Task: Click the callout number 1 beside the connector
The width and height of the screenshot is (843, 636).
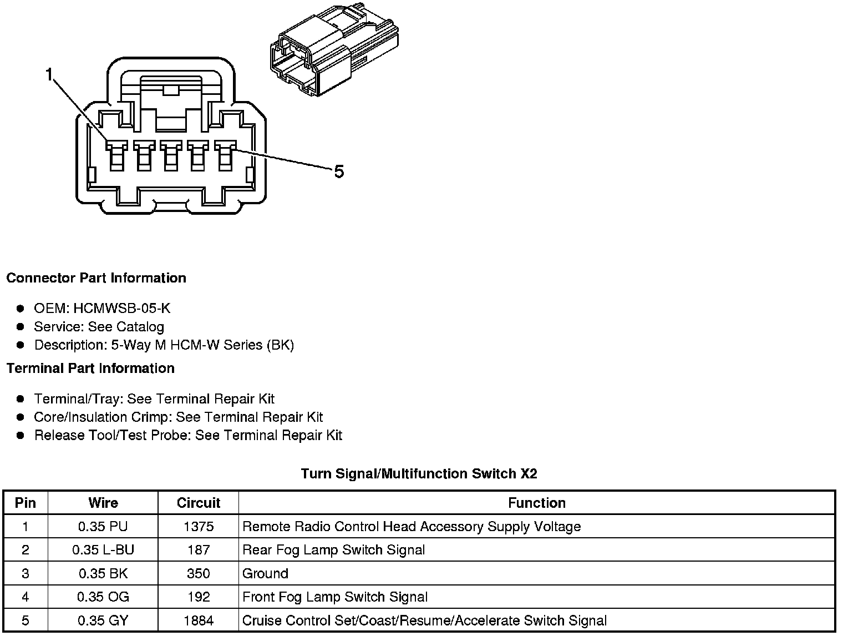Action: coord(49,74)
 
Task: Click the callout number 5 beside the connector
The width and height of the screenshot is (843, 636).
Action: coord(339,172)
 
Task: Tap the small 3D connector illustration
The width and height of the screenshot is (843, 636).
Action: coord(334,51)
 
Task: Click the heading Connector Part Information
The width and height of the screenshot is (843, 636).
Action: coord(96,278)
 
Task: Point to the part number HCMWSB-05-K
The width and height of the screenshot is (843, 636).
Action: coord(121,309)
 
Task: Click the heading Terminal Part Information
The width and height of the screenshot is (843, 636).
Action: coord(90,369)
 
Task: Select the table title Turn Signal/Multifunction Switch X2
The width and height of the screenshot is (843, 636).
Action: coord(419,473)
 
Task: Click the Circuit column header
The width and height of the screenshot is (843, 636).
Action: coord(198,503)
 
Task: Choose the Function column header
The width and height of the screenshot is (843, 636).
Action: coord(536,503)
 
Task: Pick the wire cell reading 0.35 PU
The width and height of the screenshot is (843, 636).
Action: coord(103,527)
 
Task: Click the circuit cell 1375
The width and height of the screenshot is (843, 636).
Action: coord(198,527)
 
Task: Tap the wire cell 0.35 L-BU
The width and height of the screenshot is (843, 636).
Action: coord(103,550)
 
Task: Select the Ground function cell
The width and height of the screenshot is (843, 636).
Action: coord(266,573)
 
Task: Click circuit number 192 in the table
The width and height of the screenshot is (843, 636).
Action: coord(198,597)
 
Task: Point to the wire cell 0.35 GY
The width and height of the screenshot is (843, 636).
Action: coord(103,620)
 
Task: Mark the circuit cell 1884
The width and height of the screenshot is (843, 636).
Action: coord(198,620)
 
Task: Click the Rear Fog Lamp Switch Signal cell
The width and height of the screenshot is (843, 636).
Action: coord(334,550)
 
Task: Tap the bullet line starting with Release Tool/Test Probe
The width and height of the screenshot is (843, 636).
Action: coord(188,436)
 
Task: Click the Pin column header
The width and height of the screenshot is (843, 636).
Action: coord(26,503)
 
